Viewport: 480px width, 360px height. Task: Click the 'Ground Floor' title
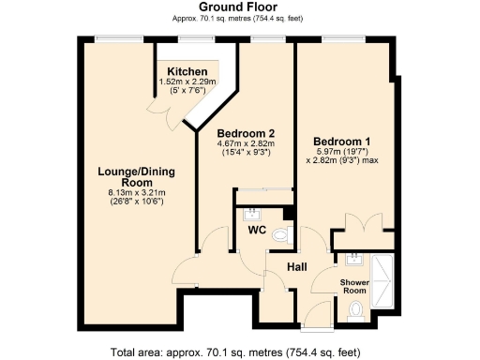pyautogui.click(x=239, y=7)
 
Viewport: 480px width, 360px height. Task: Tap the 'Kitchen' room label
pyautogui.click(x=187, y=72)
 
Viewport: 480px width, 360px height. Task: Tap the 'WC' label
pyautogui.click(x=257, y=229)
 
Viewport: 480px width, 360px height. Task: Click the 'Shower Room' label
pyautogui.click(x=353, y=285)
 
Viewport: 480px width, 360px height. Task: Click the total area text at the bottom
pyautogui.click(x=239, y=352)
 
